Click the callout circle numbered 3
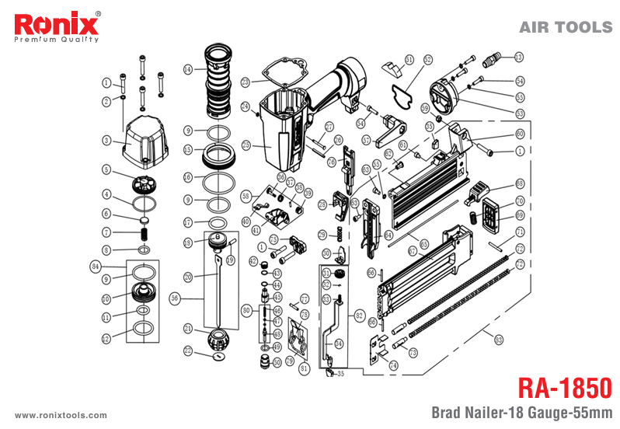pyautogui.click(x=107, y=140)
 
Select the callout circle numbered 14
pyautogui.click(x=188, y=69)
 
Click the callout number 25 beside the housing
pyautogui.click(x=246, y=145)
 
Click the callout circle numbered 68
pyautogui.click(x=520, y=184)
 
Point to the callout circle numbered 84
pyautogui.click(x=96, y=266)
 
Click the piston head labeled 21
pyautogui.click(x=218, y=339)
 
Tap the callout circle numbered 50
pyautogui.click(x=277, y=362)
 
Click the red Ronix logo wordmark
pyautogui.click(x=53, y=23)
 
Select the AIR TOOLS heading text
pyautogui.click(x=565, y=27)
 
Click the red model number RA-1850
pyautogui.click(x=563, y=387)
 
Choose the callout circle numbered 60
pyautogui.click(x=520, y=134)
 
